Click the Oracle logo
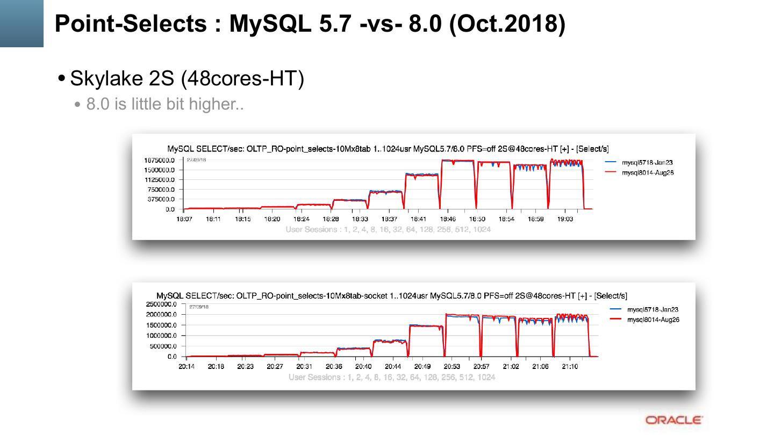pyautogui.click(x=673, y=419)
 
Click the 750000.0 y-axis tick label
pyautogui.click(x=161, y=190)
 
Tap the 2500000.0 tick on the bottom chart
pyautogui.click(x=162, y=305)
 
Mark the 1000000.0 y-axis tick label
pyautogui.click(x=162, y=336)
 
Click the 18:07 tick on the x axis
pyautogui.click(x=184, y=219)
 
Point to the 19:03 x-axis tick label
pyautogui.click(x=564, y=219)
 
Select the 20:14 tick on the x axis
pyautogui.click(x=187, y=367)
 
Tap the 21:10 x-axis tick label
pyautogui.click(x=570, y=367)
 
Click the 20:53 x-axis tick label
pyautogui.click(x=451, y=367)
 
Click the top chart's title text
pyautogui.click(x=388, y=149)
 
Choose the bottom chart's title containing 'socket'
pyautogui.click(x=391, y=296)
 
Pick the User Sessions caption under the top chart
pyautogui.click(x=388, y=229)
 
